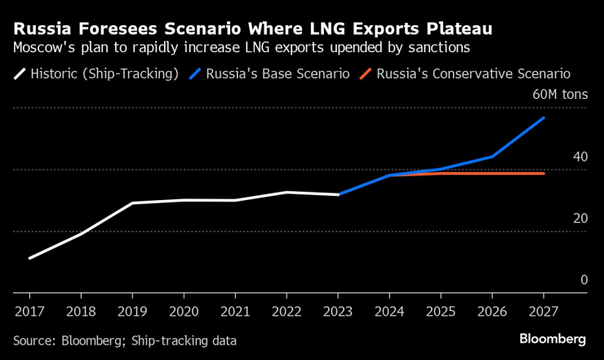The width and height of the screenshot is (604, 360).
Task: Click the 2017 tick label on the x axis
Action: [29, 311]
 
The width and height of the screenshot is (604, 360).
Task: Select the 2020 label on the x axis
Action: [184, 311]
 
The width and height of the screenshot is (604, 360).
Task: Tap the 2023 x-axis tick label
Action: [339, 311]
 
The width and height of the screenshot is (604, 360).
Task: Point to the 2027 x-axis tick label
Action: [544, 311]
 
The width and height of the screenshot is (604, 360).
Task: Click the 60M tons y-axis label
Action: [560, 95]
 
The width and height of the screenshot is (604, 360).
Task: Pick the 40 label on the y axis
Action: [580, 157]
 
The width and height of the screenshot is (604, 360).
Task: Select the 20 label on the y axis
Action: [580, 218]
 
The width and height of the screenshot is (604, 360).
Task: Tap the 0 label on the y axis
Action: [584, 280]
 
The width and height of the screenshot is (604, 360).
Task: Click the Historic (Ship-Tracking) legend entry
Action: [104, 73]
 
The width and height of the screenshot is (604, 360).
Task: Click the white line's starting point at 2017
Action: [29, 258]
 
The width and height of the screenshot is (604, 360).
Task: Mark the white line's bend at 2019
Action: [132, 202]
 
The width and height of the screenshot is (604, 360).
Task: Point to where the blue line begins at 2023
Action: [339, 194]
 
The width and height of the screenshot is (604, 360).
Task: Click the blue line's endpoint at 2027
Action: [544, 118]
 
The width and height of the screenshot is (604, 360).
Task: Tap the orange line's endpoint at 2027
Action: [544, 173]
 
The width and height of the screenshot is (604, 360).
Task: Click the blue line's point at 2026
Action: [492, 156]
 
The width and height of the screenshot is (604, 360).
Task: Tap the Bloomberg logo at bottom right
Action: [552, 339]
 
